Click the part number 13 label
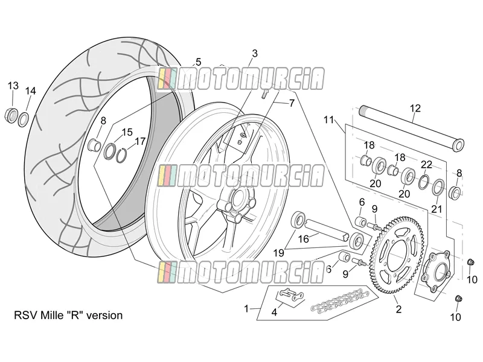click(13, 86)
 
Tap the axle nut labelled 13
click(11, 115)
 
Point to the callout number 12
click(415, 109)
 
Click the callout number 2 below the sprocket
click(398, 309)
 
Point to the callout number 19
click(279, 253)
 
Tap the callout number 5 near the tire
click(198, 62)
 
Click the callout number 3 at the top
click(254, 54)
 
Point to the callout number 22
click(427, 165)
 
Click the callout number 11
click(328, 119)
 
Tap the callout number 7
click(292, 103)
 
